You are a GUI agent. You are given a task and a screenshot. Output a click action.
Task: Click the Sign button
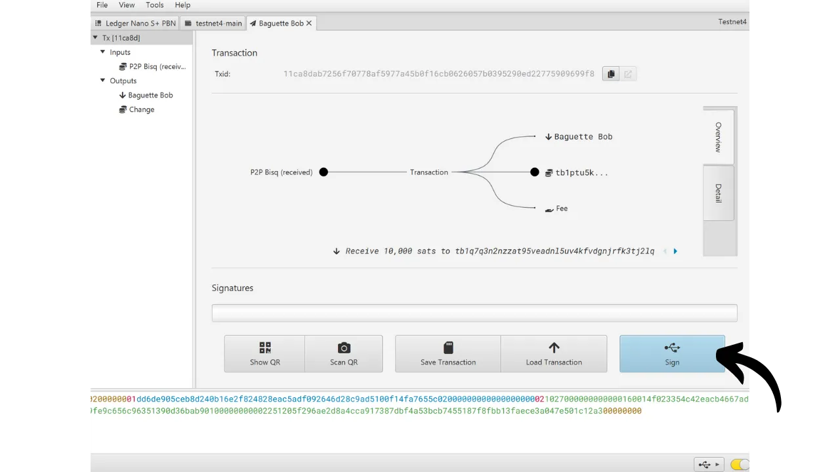[x=672, y=353]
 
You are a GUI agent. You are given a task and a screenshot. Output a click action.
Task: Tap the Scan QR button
[x=343, y=353]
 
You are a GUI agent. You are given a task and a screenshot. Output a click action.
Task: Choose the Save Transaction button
[x=448, y=353]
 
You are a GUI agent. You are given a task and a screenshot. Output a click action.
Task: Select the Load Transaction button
[x=554, y=353]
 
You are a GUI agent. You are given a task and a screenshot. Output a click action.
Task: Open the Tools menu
[x=154, y=5]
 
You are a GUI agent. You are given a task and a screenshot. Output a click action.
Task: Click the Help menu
[x=182, y=5]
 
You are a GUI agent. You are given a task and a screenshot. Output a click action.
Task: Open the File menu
[x=102, y=5]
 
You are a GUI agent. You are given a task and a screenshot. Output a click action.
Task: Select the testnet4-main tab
[x=213, y=23]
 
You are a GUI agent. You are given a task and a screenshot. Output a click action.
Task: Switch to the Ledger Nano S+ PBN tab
[x=135, y=23]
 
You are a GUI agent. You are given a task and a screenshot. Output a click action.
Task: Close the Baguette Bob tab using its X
[x=309, y=23]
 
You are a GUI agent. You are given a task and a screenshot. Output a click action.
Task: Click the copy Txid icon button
[x=611, y=74]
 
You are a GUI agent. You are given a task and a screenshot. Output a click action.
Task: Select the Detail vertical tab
[x=718, y=193]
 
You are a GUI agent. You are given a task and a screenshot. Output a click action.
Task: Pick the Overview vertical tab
[x=718, y=137]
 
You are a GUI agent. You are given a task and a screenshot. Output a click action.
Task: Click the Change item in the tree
[x=141, y=109]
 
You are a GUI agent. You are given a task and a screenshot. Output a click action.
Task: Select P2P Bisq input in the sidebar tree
[x=153, y=66]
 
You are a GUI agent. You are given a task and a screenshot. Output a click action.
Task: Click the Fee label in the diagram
[x=561, y=208]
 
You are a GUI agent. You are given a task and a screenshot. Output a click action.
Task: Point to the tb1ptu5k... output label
[x=581, y=172]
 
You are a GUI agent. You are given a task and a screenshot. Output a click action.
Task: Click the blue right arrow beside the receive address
[x=675, y=251]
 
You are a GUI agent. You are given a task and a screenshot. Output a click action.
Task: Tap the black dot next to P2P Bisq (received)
[x=324, y=172]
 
